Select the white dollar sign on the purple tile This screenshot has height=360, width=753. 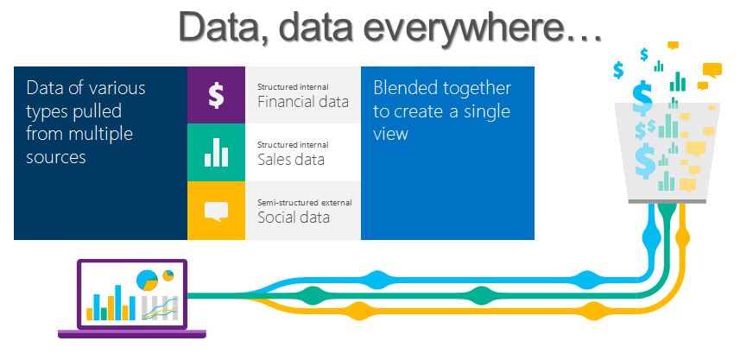point(216,95)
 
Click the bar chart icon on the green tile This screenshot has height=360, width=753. point(216,153)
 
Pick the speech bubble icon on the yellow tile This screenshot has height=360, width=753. point(216,211)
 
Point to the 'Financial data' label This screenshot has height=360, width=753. point(302,102)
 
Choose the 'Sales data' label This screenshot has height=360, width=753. point(291,159)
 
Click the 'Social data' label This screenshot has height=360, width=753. point(293,217)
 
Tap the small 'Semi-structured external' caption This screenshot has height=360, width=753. point(304,203)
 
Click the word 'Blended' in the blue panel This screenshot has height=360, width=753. point(405,88)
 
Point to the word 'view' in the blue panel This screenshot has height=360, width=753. point(390,135)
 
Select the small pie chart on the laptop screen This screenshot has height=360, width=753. point(169,275)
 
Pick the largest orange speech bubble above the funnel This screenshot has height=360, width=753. point(712,70)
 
